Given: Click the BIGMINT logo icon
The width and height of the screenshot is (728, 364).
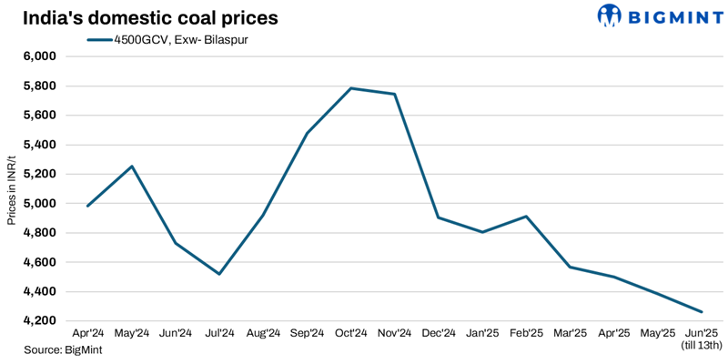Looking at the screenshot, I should pyautogui.click(x=609, y=15).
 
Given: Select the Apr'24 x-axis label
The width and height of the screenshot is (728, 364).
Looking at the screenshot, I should pyautogui.click(x=87, y=334).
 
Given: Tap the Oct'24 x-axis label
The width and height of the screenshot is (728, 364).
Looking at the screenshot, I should pyautogui.click(x=351, y=334).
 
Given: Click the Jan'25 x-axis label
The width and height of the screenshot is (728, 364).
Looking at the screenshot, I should pyautogui.click(x=482, y=334).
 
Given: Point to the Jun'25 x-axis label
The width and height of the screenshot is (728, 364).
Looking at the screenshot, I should pyautogui.click(x=702, y=334).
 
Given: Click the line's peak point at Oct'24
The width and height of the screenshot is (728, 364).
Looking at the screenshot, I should pyautogui.click(x=351, y=88).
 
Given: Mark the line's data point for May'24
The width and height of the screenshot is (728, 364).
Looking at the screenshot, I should pyautogui.click(x=132, y=167).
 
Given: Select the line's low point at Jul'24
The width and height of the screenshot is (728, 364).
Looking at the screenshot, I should pyautogui.click(x=219, y=274).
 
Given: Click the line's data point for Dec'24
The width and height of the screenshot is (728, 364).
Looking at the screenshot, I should pyautogui.click(x=439, y=217).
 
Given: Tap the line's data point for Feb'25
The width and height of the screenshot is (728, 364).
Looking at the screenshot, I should pyautogui.click(x=526, y=217).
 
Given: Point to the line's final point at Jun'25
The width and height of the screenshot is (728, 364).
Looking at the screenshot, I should pyautogui.click(x=702, y=312).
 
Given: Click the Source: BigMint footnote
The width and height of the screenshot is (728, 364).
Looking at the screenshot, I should pyautogui.click(x=56, y=350).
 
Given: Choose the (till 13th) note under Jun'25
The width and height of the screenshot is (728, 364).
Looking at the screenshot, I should pyautogui.click(x=702, y=346).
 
